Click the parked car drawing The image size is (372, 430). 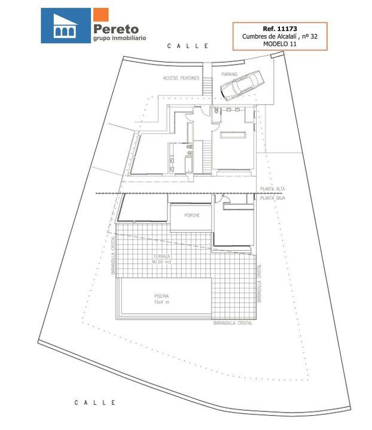tap(242, 85)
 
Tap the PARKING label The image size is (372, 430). tap(230, 74)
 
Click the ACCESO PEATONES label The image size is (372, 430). tap(181, 78)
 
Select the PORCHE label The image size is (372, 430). tap(192, 215)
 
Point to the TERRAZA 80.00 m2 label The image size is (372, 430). tap(161, 259)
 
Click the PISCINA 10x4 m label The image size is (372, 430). tap(161, 299)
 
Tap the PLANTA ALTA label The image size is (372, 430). tap(273, 189)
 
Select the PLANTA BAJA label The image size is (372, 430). tap(273, 198)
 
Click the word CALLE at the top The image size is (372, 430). tap(188, 46)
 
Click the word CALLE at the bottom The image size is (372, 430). tap(95, 403)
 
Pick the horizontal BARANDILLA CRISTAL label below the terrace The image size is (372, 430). tap(233, 323)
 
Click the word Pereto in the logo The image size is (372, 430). tap(116, 29)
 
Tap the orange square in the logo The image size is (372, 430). tap(100, 14)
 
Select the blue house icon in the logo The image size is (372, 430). tap(66, 26)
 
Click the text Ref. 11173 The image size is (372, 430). tap(280, 29)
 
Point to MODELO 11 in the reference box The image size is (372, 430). tap(280, 44)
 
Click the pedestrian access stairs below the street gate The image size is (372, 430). tap(208, 86)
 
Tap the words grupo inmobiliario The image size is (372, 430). tap(120, 38)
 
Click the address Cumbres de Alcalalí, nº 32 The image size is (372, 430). tap(280, 36)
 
